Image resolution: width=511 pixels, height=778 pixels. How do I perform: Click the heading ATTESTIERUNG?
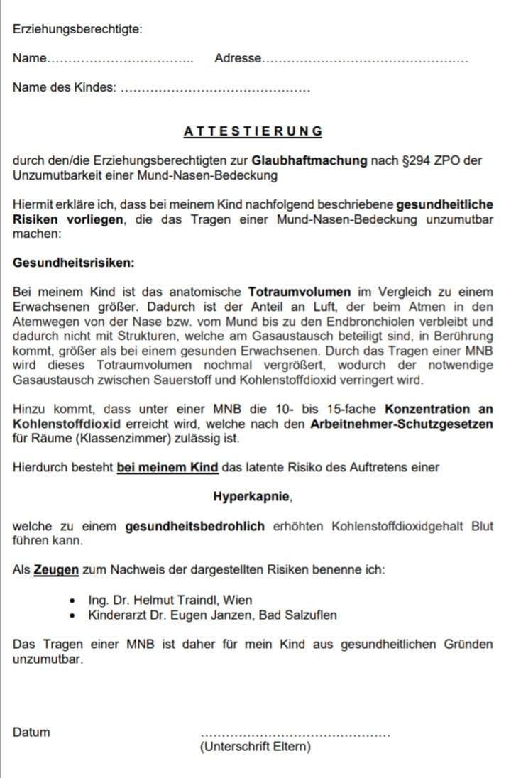pyautogui.click(x=253, y=131)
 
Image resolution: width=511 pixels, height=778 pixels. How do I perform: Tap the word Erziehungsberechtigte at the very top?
pyautogui.click(x=77, y=29)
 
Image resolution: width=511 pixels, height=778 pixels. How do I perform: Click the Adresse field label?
pyautogui.click(x=238, y=58)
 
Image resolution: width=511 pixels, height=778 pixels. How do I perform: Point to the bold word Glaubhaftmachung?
pyautogui.click(x=309, y=160)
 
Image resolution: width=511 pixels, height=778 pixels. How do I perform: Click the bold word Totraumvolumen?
pyautogui.click(x=299, y=292)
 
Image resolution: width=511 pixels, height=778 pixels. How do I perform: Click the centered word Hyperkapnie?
pyautogui.click(x=252, y=496)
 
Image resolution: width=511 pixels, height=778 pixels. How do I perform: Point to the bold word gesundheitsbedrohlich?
pyautogui.click(x=195, y=526)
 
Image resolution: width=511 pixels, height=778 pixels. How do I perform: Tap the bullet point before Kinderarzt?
pyautogui.click(x=75, y=615)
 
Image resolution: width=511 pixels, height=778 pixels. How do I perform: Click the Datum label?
pyautogui.click(x=31, y=732)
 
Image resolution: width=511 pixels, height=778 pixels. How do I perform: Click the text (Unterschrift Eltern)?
pyautogui.click(x=255, y=747)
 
